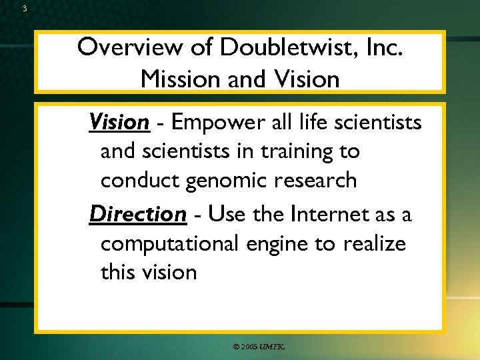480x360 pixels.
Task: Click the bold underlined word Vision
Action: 119,122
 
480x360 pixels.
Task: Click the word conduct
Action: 138,181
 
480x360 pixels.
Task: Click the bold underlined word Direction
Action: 137,214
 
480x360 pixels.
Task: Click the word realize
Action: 374,243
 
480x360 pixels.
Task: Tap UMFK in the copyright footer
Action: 272,347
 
